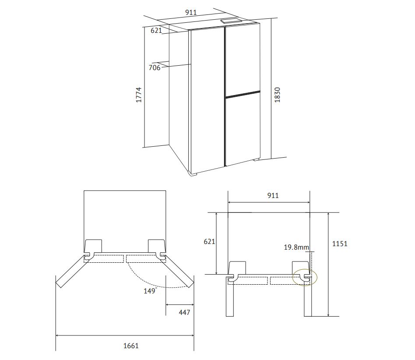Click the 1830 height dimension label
tap(277, 95)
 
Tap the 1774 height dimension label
tap(139, 95)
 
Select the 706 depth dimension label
tap(155, 68)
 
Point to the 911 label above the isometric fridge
tap(191, 12)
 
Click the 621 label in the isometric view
tap(156, 31)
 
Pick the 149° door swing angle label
tap(150, 291)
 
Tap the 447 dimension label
tap(184, 313)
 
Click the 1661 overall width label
tap(131, 346)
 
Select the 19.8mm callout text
tap(296, 247)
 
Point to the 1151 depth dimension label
tap(340, 244)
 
